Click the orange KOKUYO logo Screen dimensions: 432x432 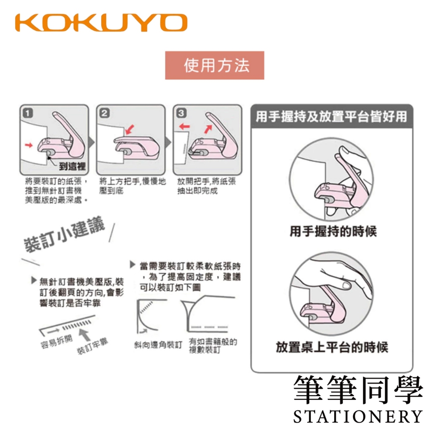click(101, 23)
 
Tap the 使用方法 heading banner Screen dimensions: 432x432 click(215, 65)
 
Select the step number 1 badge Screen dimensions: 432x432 click(28, 113)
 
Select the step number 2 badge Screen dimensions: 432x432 click(105, 113)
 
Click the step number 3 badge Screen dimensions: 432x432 click(181, 113)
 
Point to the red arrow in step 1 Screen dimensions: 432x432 click(29, 145)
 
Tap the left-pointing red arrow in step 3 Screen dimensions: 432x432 click(184, 127)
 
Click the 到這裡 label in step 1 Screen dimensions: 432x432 click(72, 166)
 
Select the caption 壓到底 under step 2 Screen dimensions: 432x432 click(111, 190)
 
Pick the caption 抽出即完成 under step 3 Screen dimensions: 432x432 click(197, 190)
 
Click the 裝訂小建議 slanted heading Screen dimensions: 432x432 click(65, 234)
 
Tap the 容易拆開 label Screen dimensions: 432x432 click(57, 342)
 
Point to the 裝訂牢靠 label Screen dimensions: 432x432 click(92, 346)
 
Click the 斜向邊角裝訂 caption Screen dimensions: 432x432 click(158, 344)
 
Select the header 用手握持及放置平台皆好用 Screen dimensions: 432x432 click(331, 116)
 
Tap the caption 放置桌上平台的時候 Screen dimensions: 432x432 click(332, 347)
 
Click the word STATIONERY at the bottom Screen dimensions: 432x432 click(358, 416)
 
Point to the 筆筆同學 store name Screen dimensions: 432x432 click(358, 389)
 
